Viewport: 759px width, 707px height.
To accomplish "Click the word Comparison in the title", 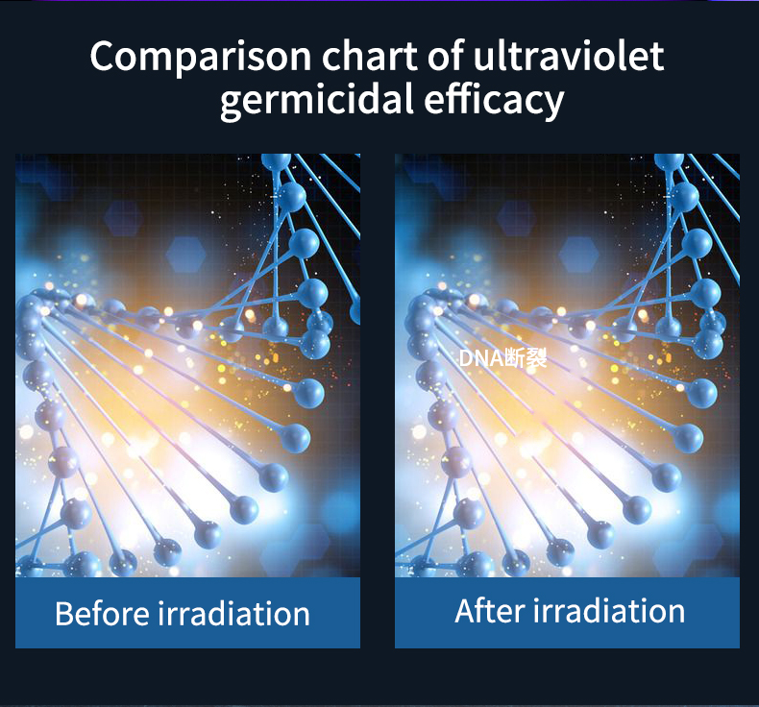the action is [x=201, y=58].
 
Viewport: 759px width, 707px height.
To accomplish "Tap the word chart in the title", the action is [x=370, y=56].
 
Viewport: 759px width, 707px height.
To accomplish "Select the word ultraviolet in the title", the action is [x=568, y=56].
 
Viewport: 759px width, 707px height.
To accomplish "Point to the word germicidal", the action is [x=317, y=100].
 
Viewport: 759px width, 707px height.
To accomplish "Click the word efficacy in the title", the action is [x=494, y=100].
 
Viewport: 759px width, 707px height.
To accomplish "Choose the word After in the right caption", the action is [x=489, y=611].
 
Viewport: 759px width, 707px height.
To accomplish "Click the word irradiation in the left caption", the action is [x=233, y=614].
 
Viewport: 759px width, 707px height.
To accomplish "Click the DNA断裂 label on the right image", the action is [x=502, y=358].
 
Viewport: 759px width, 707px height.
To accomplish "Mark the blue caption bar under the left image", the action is [x=187, y=613].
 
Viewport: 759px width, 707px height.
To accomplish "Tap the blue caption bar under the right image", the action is [x=567, y=613].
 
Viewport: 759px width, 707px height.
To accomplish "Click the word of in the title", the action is [x=446, y=56].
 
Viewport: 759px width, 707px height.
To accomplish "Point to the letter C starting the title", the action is [x=103, y=57].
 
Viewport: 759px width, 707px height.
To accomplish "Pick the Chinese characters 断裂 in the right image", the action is [x=526, y=358].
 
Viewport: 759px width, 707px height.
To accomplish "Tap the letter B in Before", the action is [x=64, y=614].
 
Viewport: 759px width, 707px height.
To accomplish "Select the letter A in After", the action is [x=465, y=611].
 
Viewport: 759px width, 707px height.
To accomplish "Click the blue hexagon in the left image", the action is [x=185, y=254].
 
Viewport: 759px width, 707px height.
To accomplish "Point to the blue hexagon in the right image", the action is [x=579, y=254].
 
